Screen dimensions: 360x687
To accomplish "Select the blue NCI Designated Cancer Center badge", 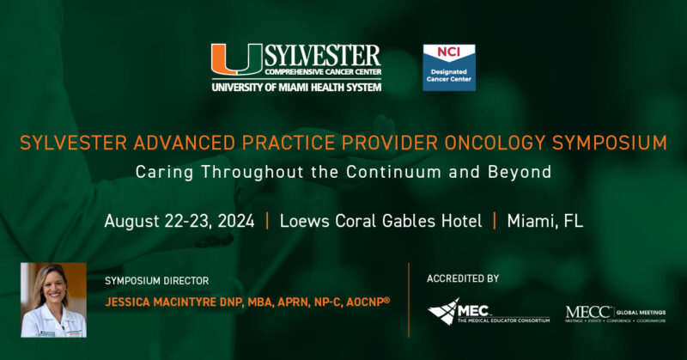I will click(449, 68).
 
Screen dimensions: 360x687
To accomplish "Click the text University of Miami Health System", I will click(296, 86).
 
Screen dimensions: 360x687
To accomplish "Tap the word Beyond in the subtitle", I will click(522, 172).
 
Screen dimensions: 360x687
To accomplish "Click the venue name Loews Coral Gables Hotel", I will click(380, 221).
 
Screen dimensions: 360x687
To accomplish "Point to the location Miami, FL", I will click(544, 221).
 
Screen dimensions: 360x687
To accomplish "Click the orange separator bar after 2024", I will click(267, 221).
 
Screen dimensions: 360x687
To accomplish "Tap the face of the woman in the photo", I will click(52, 287).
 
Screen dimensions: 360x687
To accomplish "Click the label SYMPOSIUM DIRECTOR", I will click(156, 281).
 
